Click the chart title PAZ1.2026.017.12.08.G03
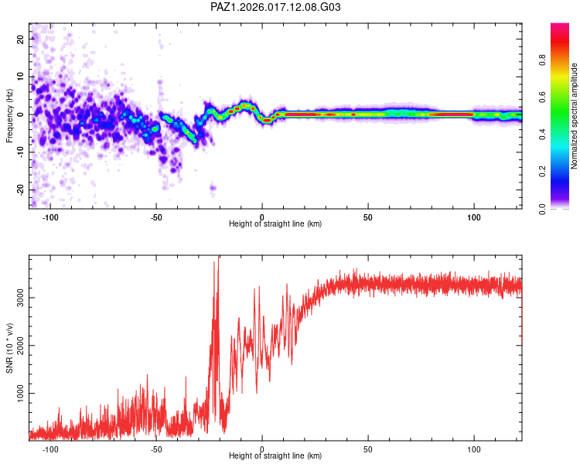(x=275, y=7)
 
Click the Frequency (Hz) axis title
(x=9, y=114)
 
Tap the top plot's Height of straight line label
(x=275, y=223)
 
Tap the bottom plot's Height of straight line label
(x=275, y=456)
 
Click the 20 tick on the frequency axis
(x=21, y=39)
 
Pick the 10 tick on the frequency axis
(x=21, y=77)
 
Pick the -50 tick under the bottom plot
(x=156, y=449)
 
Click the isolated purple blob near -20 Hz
(x=213, y=188)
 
